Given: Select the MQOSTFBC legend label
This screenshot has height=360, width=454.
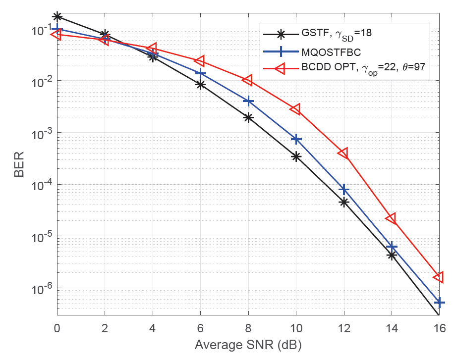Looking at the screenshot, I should [327, 51].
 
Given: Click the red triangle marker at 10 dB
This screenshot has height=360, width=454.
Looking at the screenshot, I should [296, 109].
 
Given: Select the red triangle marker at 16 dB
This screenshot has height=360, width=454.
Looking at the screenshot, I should [439, 277].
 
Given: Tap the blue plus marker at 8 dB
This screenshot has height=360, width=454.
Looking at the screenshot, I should [248, 101].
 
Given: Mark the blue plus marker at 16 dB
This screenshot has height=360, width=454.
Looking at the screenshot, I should [439, 302].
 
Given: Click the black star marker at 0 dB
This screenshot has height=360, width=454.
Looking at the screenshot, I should [57, 16].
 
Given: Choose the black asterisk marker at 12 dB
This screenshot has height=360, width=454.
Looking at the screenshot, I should [343, 202].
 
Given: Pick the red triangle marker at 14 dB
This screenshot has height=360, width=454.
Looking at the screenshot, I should [391, 218].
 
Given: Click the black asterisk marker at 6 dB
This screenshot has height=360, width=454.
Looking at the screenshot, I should [200, 85].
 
